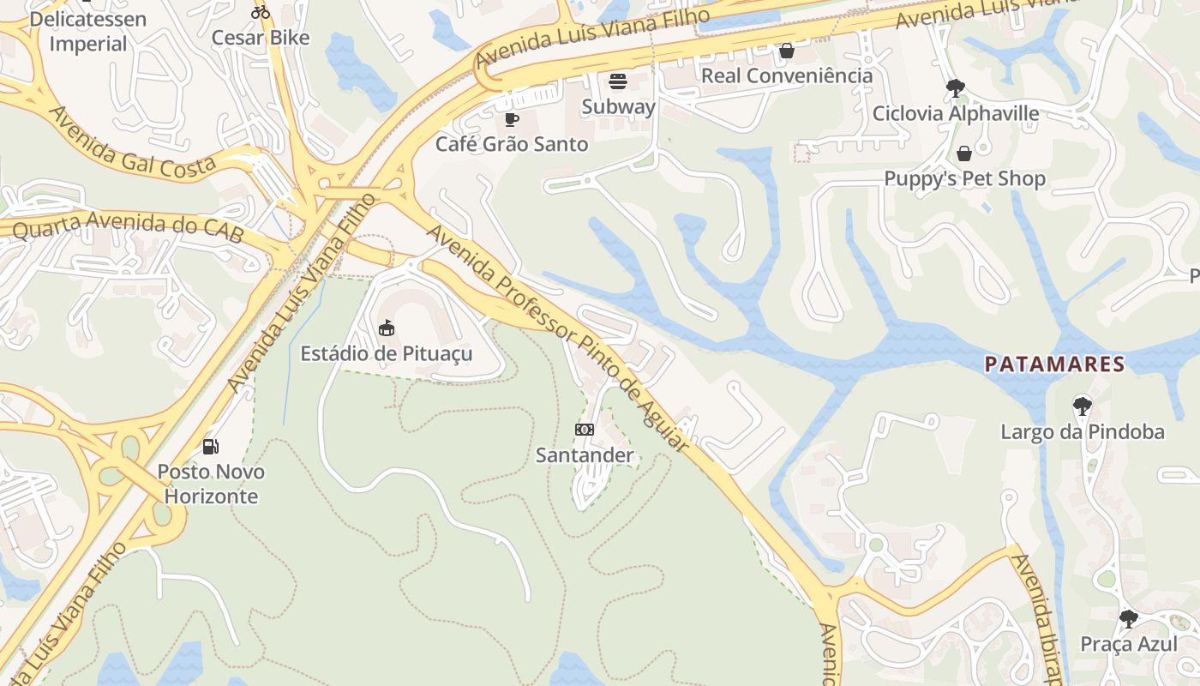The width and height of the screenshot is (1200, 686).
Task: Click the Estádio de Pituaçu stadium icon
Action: coord(387,328)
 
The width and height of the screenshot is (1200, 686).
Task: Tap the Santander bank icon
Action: coord(585,429)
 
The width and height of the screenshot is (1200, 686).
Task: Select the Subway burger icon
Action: coord(618,82)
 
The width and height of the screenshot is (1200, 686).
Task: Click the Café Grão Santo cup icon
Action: coord(512,119)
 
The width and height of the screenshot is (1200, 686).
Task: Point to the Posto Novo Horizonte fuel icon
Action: coord(210,446)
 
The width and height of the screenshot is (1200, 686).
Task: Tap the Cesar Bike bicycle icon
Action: coord(261,12)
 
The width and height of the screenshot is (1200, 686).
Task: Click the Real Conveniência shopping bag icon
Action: coord(786,51)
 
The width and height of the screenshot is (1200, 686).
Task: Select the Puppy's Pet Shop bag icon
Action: coord(964,153)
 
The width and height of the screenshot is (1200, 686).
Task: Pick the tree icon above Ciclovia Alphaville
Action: coord(955,87)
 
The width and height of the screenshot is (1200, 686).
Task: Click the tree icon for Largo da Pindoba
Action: coord(1082,406)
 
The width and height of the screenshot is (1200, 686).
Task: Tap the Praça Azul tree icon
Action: coord(1128,618)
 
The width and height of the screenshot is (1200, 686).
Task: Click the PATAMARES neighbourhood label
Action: coord(1054,364)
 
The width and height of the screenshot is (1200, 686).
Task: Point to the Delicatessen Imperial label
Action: coord(87,31)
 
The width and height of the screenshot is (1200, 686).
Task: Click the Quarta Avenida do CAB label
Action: coord(128,226)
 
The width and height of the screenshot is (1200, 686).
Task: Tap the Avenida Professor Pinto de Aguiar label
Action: coord(558,336)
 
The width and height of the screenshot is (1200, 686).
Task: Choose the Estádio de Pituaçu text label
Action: coord(386,353)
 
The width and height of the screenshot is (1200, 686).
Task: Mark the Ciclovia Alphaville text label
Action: coord(956,113)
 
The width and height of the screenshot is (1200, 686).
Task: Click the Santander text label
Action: coord(585,455)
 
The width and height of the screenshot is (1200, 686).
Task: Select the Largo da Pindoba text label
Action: coord(1083,431)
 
